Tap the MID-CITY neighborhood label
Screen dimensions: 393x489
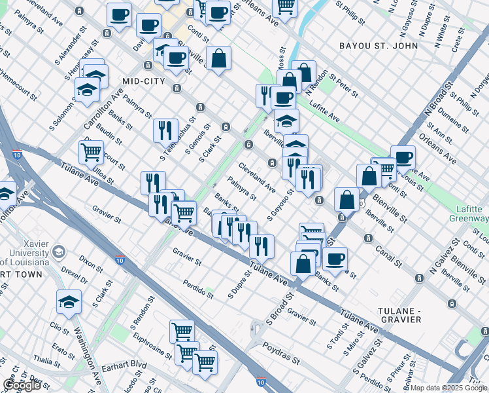144,81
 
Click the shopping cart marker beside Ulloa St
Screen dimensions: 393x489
91,152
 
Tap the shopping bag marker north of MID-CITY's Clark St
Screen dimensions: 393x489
219,58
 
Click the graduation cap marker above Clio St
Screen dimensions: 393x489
69,301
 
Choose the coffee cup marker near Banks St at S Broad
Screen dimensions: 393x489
335,259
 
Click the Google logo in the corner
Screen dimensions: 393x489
22,385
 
